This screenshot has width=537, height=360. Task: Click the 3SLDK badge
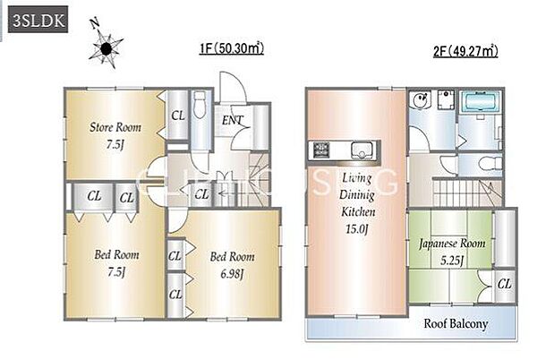coord(38,20)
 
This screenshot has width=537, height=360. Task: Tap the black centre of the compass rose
coord(107,48)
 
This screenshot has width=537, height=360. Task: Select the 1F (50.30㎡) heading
coord(232,48)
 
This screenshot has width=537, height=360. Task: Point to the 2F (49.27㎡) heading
coord(465,51)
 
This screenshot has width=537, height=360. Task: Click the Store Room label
coord(115,127)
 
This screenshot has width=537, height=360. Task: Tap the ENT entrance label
coord(233,120)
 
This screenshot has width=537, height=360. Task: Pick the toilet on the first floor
coord(199,105)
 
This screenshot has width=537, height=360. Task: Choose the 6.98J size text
coord(232,274)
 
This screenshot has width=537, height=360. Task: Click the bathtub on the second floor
coord(480,102)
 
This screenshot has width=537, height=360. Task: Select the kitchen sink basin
coord(362,150)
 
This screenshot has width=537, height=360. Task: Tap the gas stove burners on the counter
coord(321,150)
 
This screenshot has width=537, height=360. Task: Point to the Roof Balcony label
coord(456,323)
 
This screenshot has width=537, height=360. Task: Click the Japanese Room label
coord(452,244)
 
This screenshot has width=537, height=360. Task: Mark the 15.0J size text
coord(356,229)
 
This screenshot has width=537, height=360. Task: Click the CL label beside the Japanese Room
coord(505,284)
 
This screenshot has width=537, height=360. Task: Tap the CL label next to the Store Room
coord(178,116)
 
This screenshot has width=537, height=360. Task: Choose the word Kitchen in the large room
coord(358,211)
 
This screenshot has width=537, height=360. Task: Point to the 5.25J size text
coord(452,261)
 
